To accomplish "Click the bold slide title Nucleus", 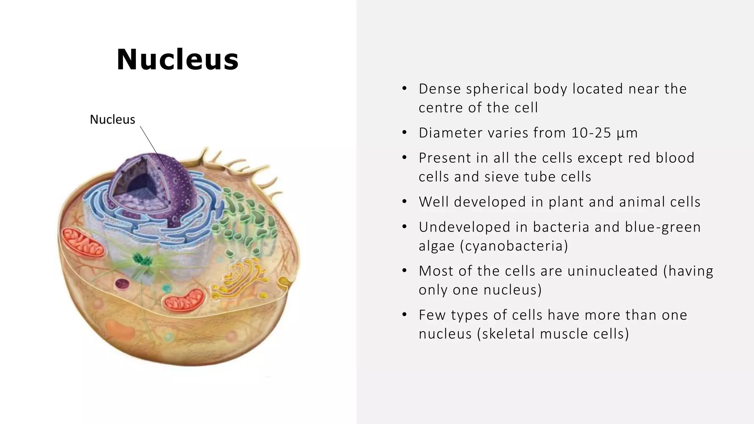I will pos(178,60).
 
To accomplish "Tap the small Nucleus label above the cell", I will pos(112,120).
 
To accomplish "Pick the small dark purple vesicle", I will pos(122,284).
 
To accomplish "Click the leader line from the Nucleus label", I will pos(152,146).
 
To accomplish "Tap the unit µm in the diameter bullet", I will pos(627,133).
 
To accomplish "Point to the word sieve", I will pos(501,177).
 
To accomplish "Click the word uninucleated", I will pos(612,271).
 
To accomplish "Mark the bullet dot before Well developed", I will pos(404,202).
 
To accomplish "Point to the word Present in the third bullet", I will pos(444,158).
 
